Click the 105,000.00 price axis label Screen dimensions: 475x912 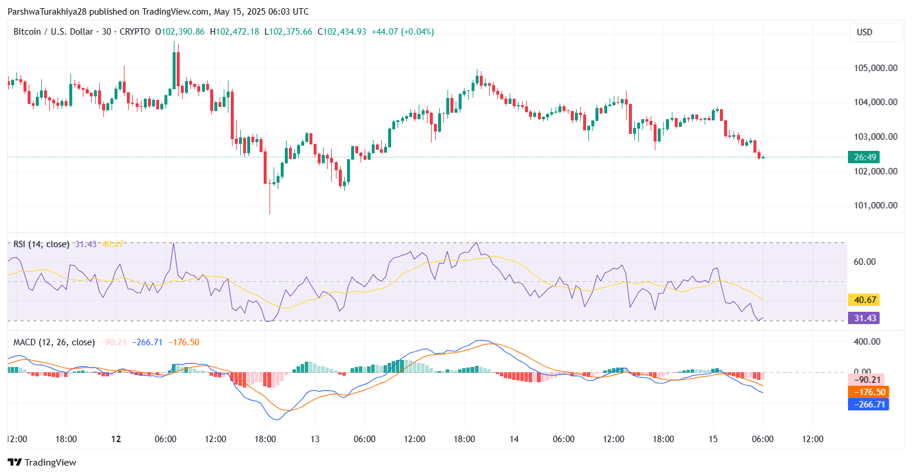pyautogui.click(x=874, y=68)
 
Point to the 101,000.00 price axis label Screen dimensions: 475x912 pyautogui.click(x=874, y=206)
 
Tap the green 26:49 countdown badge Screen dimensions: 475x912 pyautogui.click(x=866, y=157)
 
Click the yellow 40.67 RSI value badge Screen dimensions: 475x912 pyautogui.click(x=866, y=300)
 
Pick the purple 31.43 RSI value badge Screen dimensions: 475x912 pyautogui.click(x=866, y=318)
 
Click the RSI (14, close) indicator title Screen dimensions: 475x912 pyautogui.click(x=41, y=244)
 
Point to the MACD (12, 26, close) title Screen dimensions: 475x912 pyautogui.click(x=54, y=342)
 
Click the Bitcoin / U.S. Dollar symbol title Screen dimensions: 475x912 pyautogui.click(x=53, y=32)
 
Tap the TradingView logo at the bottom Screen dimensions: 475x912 pyautogui.click(x=42, y=462)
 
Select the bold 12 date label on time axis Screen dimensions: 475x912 pyautogui.click(x=116, y=439)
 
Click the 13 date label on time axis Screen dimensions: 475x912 pyautogui.click(x=315, y=439)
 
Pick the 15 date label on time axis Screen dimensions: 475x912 pyautogui.click(x=713, y=439)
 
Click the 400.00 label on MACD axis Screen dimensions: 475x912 pyautogui.click(x=867, y=342)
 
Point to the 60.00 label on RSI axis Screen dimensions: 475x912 pyautogui.click(x=864, y=262)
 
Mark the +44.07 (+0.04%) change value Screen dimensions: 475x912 pyautogui.click(x=402, y=32)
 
